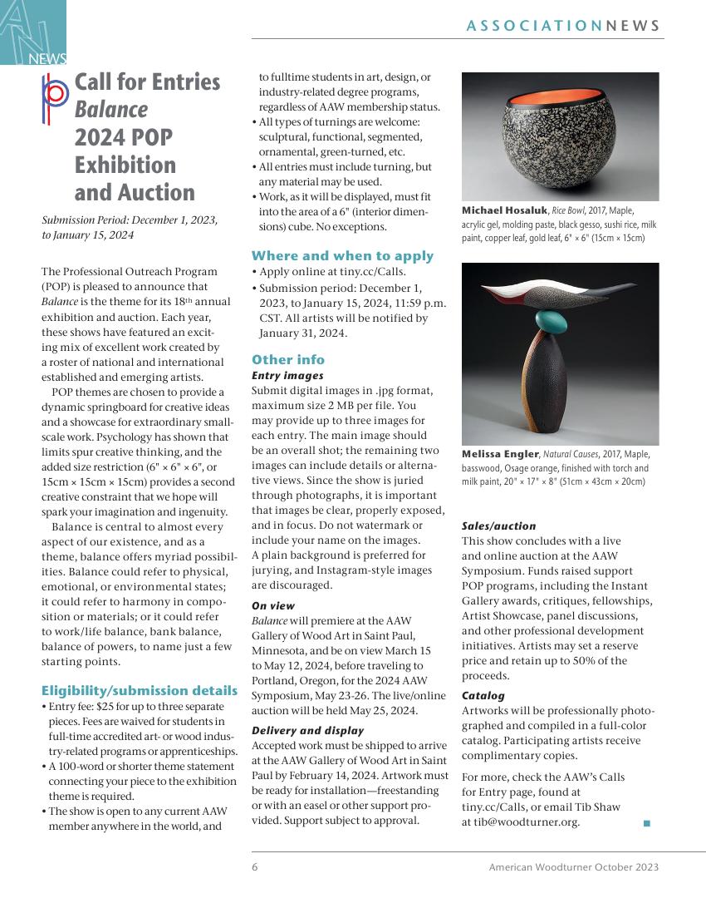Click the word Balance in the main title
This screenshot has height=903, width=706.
point(111,110)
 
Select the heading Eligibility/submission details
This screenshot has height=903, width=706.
point(140,690)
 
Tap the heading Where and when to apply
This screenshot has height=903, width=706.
point(342,255)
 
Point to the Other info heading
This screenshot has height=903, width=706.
point(288,359)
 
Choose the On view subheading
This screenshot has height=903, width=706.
point(273,606)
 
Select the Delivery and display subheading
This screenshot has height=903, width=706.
point(307,730)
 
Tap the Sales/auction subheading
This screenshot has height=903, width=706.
point(498,526)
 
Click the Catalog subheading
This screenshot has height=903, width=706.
point(483,695)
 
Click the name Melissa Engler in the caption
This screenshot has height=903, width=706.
point(501,454)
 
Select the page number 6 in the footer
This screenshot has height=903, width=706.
point(255,866)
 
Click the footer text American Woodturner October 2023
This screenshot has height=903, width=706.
point(574,866)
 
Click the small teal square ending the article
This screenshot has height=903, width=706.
point(646,823)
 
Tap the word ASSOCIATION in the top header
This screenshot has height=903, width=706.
point(534,26)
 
